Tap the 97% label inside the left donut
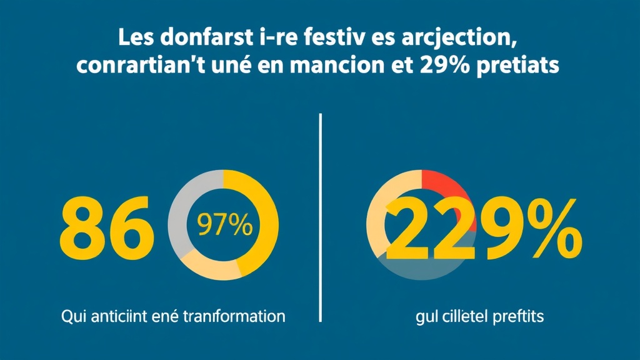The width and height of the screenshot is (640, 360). (224, 225)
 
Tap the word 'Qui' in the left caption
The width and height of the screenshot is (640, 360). (74, 316)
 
